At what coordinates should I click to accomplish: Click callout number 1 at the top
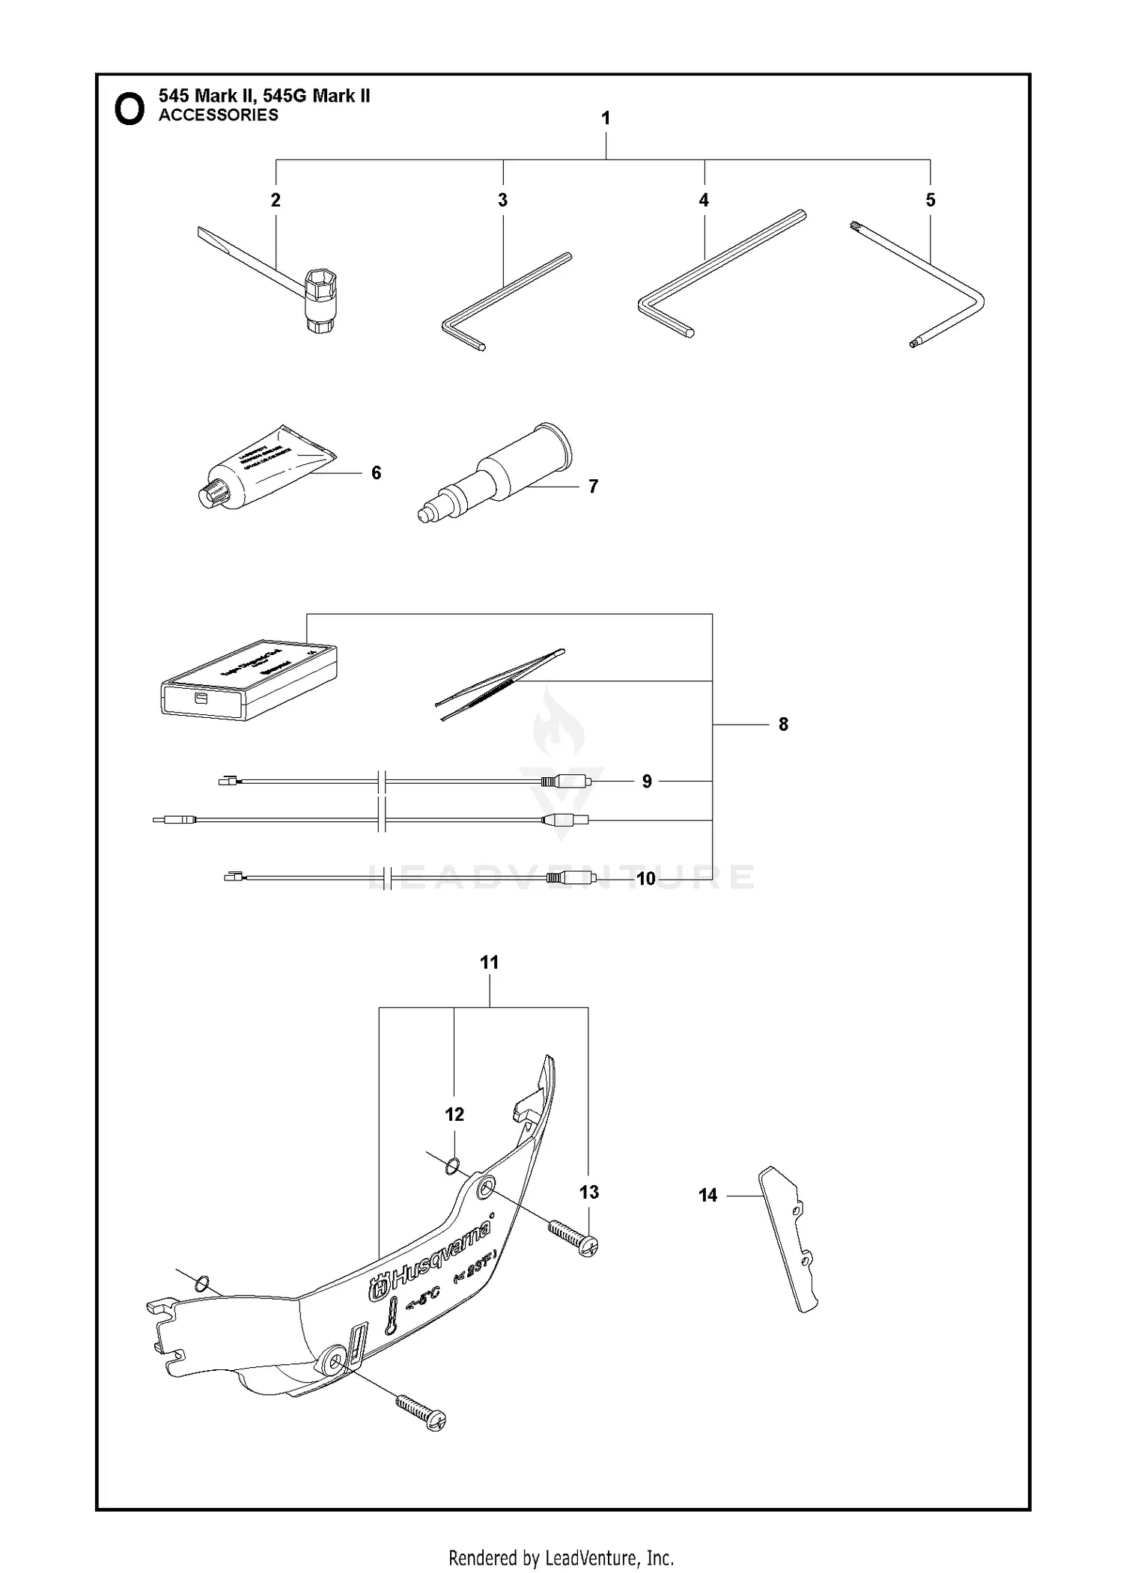(606, 118)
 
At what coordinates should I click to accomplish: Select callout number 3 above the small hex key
(502, 200)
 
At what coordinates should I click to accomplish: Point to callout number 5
(930, 200)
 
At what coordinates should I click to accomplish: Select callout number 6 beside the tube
(376, 472)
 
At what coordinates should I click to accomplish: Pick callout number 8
(783, 724)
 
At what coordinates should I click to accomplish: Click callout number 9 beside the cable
(647, 781)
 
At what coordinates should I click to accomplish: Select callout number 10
(645, 878)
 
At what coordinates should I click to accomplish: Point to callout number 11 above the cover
(489, 962)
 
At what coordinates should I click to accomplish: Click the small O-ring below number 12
(452, 1166)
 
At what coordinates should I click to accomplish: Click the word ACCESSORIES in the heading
(218, 115)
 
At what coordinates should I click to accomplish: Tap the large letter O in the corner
(129, 109)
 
